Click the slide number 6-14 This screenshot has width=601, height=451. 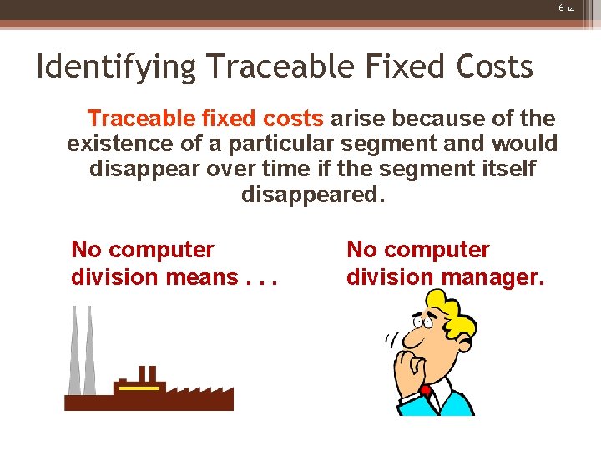(x=567, y=8)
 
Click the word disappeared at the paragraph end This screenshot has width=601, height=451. (x=313, y=195)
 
